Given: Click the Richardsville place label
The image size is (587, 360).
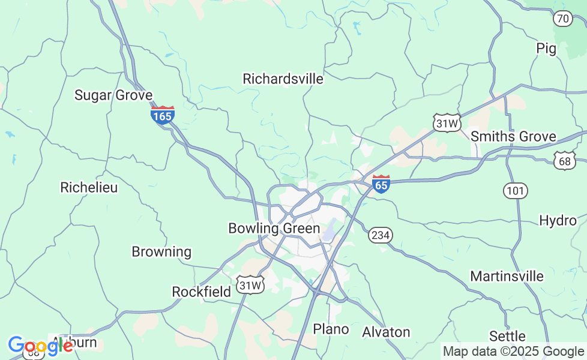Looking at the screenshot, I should point(283,79).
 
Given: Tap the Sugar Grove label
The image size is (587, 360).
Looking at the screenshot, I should point(113,95).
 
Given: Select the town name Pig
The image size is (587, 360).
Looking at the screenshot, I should point(546,49).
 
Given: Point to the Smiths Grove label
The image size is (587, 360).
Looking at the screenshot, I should point(513,136).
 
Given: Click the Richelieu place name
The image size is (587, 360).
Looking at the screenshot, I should point(89,187).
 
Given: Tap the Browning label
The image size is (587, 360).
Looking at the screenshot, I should point(161,251).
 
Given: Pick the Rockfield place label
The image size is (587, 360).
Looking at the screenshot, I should point(201,292).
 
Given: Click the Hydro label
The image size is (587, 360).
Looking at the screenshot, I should point(558,220).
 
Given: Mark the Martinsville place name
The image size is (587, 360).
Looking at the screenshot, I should point(507,277).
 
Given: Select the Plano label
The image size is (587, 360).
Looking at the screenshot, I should point(331,329).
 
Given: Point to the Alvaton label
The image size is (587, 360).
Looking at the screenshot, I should point(386,332).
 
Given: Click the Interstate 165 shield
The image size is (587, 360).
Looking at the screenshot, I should point(162,115).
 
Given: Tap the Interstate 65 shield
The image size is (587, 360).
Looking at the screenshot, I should point(381,184).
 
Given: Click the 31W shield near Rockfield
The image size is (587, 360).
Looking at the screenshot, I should point(250,285).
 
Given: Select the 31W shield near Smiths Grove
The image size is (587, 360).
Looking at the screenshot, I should point(447,124).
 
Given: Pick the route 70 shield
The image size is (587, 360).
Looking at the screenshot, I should point(562,19).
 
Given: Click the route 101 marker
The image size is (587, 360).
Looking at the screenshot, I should point(515,191).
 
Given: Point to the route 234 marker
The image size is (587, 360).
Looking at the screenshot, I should point(381,235).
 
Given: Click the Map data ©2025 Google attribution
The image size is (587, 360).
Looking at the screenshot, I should point(513,352).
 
